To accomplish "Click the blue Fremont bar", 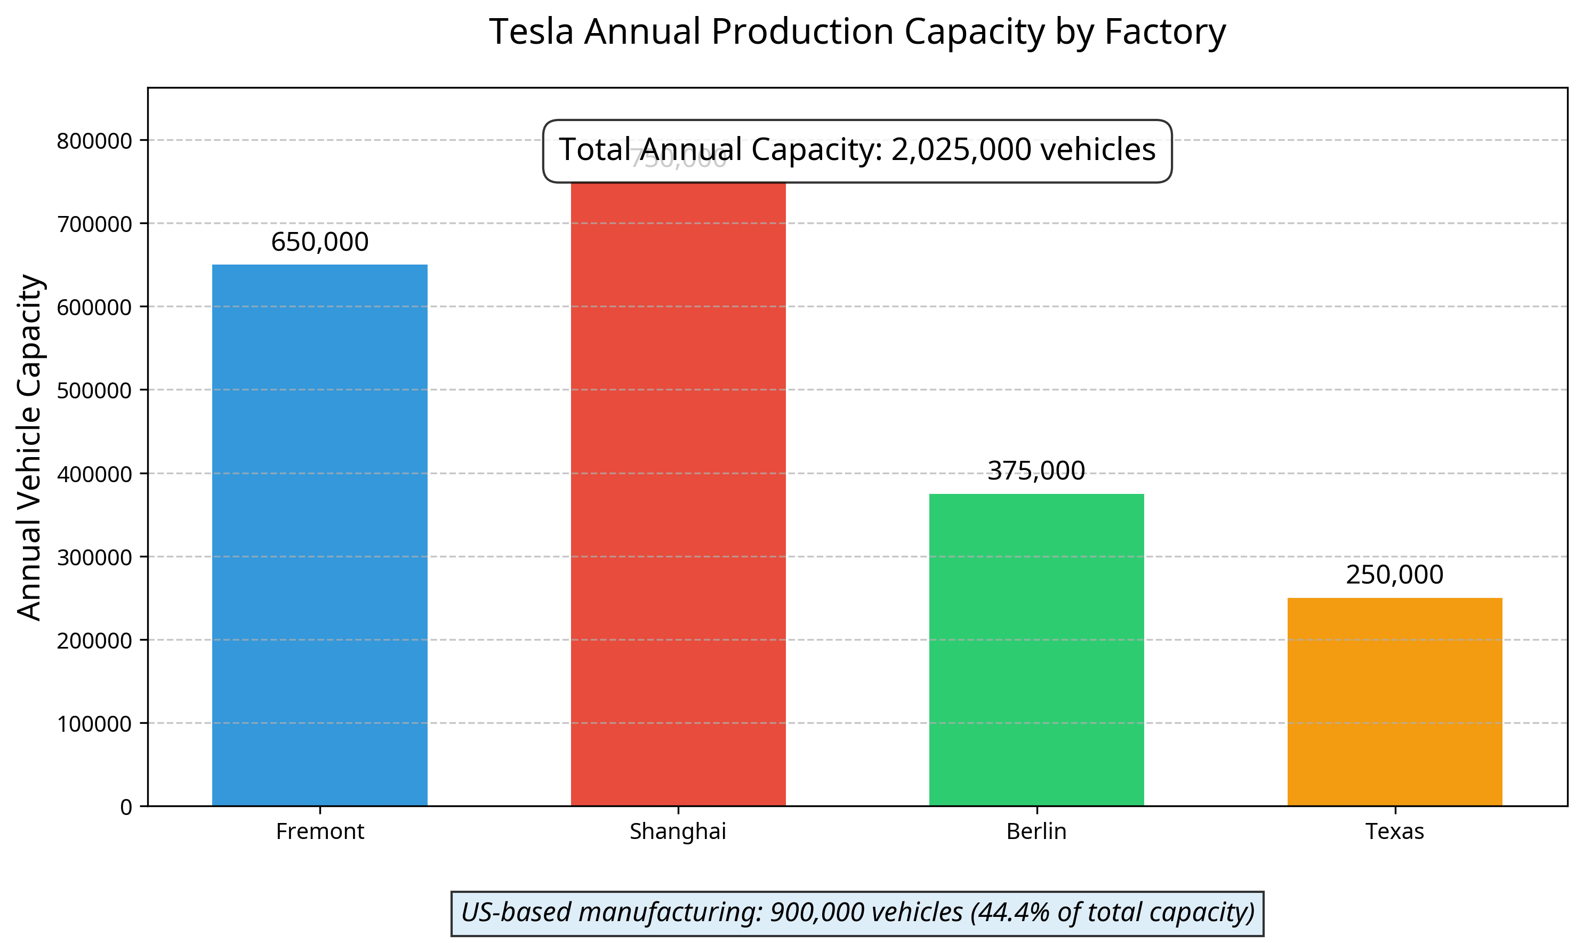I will [319, 535].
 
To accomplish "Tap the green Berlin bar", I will [1036, 650].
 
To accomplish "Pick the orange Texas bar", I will [1394, 701].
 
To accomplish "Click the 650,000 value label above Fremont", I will [319, 242].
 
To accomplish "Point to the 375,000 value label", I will [1036, 471].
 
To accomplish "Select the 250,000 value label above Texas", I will [1394, 575].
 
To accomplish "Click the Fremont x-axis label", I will [319, 831].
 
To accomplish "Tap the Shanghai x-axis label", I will [678, 831].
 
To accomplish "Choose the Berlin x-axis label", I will [1036, 831].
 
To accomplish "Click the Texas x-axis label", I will [1394, 831].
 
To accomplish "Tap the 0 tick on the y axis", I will [126, 807].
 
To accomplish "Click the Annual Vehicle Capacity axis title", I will [29, 447].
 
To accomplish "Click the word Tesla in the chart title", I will [531, 32].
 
